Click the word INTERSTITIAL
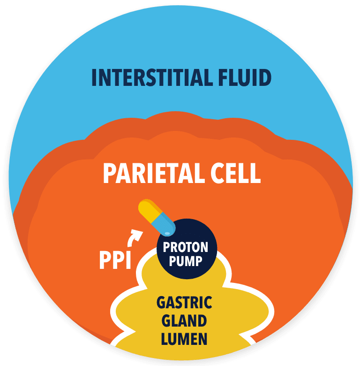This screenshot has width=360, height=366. (149, 77)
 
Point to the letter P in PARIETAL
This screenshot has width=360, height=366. (110, 173)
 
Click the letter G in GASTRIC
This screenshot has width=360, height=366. (161, 303)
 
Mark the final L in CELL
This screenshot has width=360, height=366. (255, 173)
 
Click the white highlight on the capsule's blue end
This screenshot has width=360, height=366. (167, 232)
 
